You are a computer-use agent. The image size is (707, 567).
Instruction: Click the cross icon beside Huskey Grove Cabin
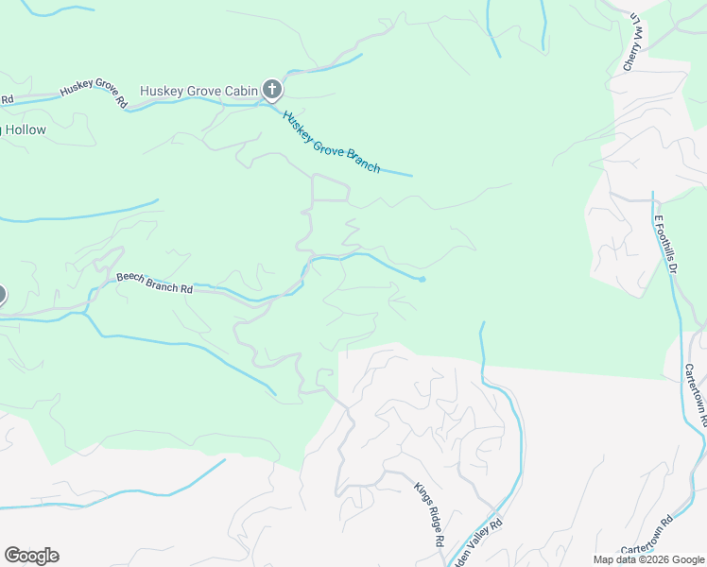pyautogui.click(x=272, y=91)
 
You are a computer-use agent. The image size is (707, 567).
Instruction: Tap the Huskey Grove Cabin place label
pyautogui.click(x=199, y=92)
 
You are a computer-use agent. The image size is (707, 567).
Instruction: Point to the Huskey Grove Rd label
pyautogui.click(x=93, y=94)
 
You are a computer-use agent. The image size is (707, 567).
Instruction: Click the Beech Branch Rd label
pyautogui.click(x=154, y=283)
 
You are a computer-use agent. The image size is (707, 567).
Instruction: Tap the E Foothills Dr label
pyautogui.click(x=666, y=244)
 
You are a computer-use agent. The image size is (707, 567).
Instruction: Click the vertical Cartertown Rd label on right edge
pyautogui.click(x=696, y=398)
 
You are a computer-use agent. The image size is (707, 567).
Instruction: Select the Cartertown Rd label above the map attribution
pyautogui.click(x=647, y=535)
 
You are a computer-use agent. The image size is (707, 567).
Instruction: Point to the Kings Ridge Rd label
pyautogui.click(x=428, y=515)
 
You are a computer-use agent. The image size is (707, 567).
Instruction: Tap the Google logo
pyautogui.click(x=31, y=556)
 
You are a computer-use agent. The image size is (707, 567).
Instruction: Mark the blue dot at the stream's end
pyautogui.click(x=422, y=279)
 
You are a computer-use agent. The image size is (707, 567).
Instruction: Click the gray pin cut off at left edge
pyautogui.click(x=2, y=295)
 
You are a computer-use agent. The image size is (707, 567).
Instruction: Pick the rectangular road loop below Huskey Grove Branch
pyautogui.click(x=330, y=188)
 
